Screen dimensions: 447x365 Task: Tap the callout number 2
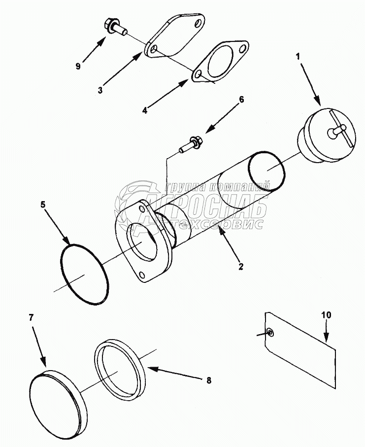pyautogui.click(x=241, y=266)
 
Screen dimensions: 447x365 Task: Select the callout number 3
pyautogui.click(x=100, y=90)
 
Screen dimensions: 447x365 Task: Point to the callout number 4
pyautogui.click(x=144, y=111)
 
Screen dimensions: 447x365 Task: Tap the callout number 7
pyautogui.click(x=31, y=317)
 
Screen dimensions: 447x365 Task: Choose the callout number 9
pyautogui.click(x=78, y=67)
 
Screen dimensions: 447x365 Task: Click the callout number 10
pyautogui.click(x=327, y=314)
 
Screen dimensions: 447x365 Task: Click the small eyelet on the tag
pyautogui.click(x=270, y=333)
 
